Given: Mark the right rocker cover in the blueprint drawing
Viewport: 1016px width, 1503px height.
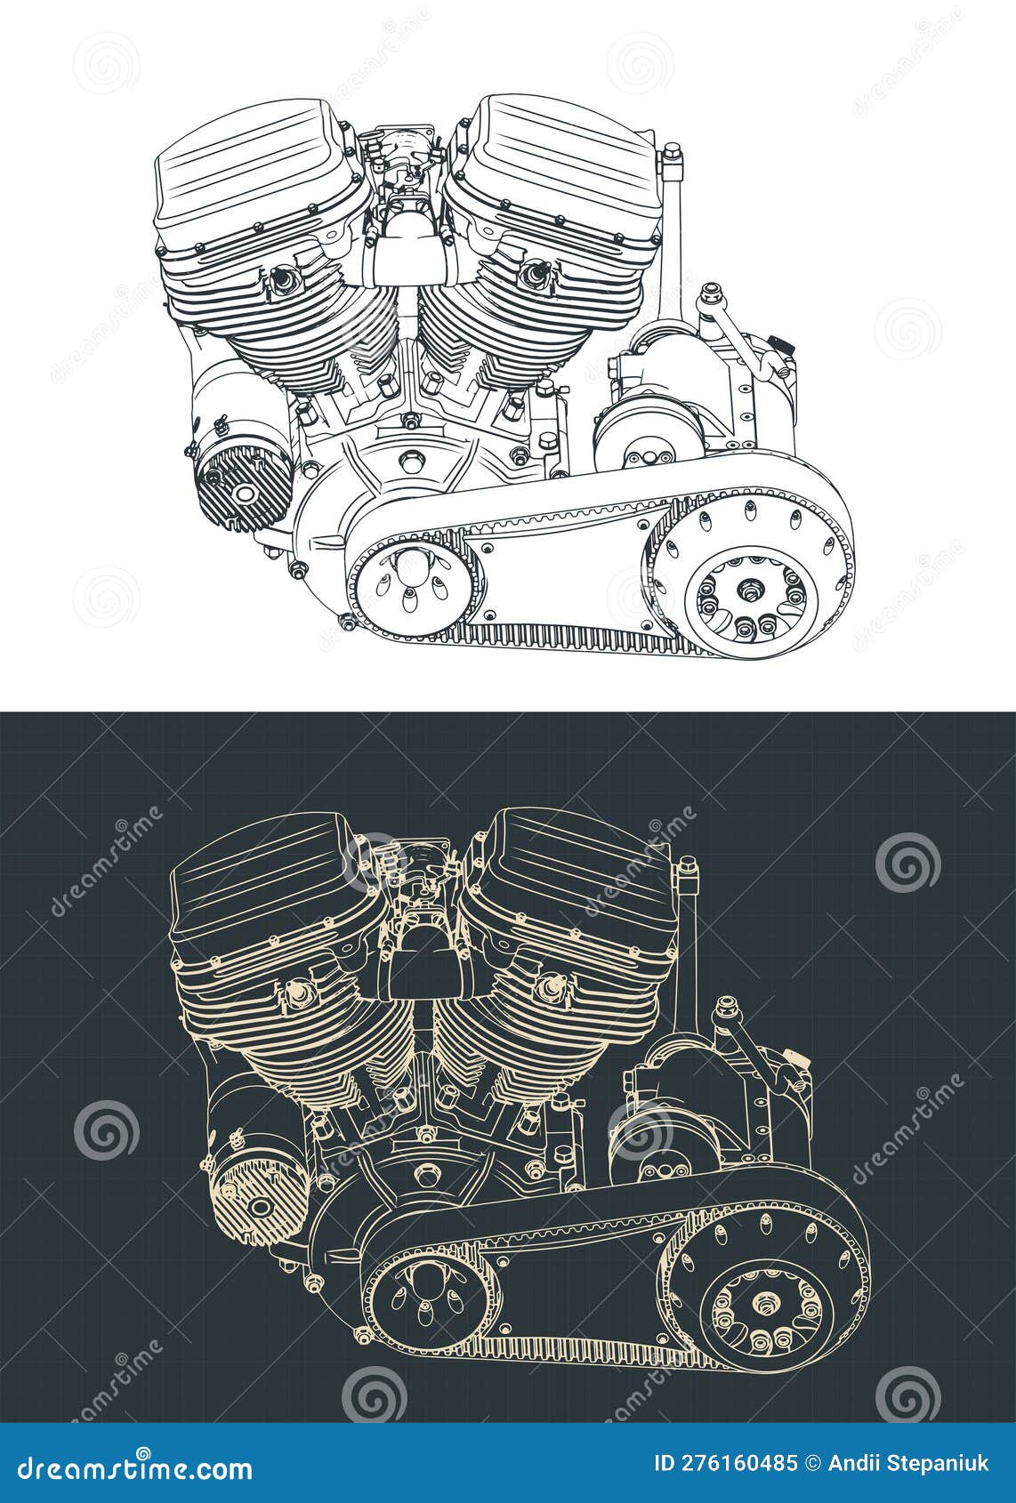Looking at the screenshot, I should click(569, 880).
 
